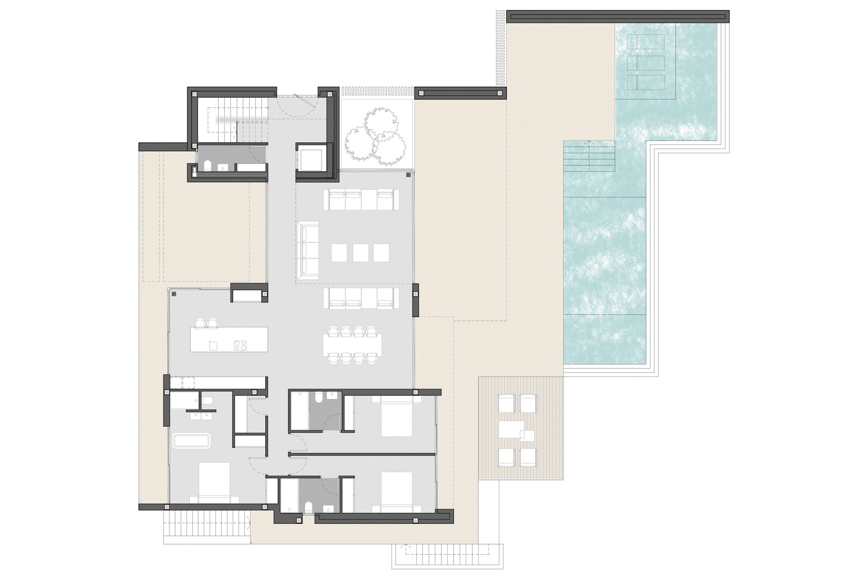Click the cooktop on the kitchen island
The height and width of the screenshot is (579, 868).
(x=240, y=346)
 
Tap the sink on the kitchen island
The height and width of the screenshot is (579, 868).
(x=213, y=345)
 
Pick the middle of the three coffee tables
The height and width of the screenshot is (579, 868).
(x=360, y=253)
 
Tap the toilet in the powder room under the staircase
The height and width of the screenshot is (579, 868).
(x=208, y=165)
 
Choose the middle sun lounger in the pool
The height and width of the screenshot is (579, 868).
(x=645, y=63)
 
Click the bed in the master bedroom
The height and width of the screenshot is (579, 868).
(x=214, y=482)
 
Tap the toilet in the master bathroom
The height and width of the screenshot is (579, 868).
(x=207, y=400)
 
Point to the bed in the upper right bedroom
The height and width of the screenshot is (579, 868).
(x=396, y=418)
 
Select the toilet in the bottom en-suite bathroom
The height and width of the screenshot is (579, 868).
(x=308, y=507)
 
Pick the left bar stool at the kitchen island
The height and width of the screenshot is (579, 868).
(x=200, y=323)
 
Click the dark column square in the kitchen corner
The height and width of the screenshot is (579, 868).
(x=174, y=294)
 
